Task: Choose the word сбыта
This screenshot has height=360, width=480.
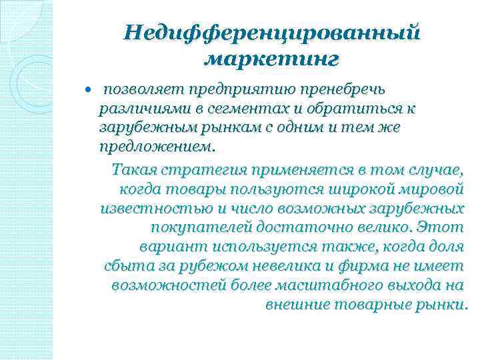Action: click(125, 266)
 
